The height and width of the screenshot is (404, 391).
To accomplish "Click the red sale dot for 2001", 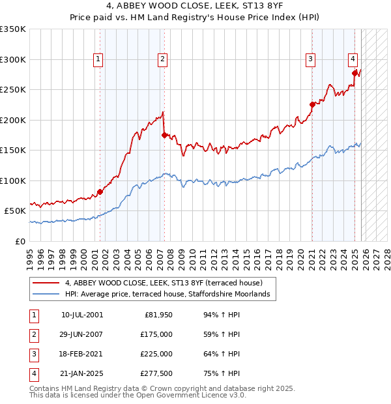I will tap(100, 192).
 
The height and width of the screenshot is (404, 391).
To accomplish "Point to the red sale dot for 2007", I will tap(164, 135).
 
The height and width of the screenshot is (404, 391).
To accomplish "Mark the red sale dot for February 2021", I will tap(312, 104).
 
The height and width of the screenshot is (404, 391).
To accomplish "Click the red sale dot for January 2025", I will tap(355, 73).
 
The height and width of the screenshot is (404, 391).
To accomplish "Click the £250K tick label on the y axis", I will tap(13, 89).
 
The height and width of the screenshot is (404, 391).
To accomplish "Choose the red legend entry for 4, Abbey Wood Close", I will tap(163, 283).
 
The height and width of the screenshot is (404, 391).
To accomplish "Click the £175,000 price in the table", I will tap(156, 334).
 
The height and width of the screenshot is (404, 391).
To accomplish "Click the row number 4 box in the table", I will tap(33, 374).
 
